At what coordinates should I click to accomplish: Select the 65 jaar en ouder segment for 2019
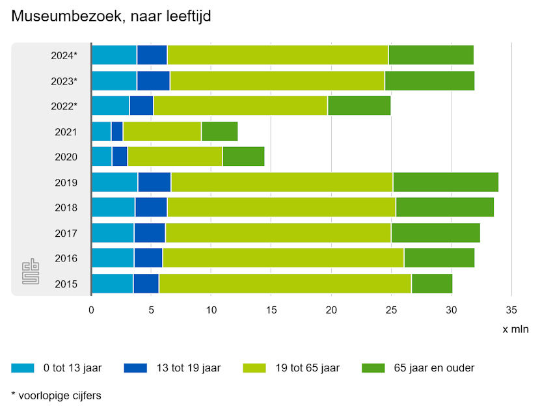click(x=446, y=182)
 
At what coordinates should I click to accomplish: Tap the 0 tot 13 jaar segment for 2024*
click(x=114, y=55)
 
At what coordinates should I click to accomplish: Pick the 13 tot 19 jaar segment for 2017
click(x=150, y=233)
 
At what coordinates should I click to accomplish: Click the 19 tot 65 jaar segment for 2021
click(x=162, y=131)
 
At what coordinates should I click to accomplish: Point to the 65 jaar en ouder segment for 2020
click(x=243, y=157)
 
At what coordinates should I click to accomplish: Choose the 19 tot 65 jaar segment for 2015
click(x=285, y=284)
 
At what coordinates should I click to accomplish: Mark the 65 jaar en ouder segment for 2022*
click(x=359, y=106)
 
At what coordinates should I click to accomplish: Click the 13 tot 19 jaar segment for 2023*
click(x=154, y=81)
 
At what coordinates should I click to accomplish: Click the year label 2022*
click(x=64, y=107)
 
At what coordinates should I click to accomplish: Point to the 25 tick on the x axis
click(x=391, y=310)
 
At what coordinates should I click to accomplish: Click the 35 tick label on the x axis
click(x=511, y=310)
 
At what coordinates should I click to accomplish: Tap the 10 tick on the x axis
click(x=211, y=310)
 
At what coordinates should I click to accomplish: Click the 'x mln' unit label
click(x=515, y=329)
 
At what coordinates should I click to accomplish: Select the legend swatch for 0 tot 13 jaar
click(x=22, y=368)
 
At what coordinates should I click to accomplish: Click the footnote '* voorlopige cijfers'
click(x=56, y=395)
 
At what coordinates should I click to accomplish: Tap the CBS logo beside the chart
click(x=31, y=271)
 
